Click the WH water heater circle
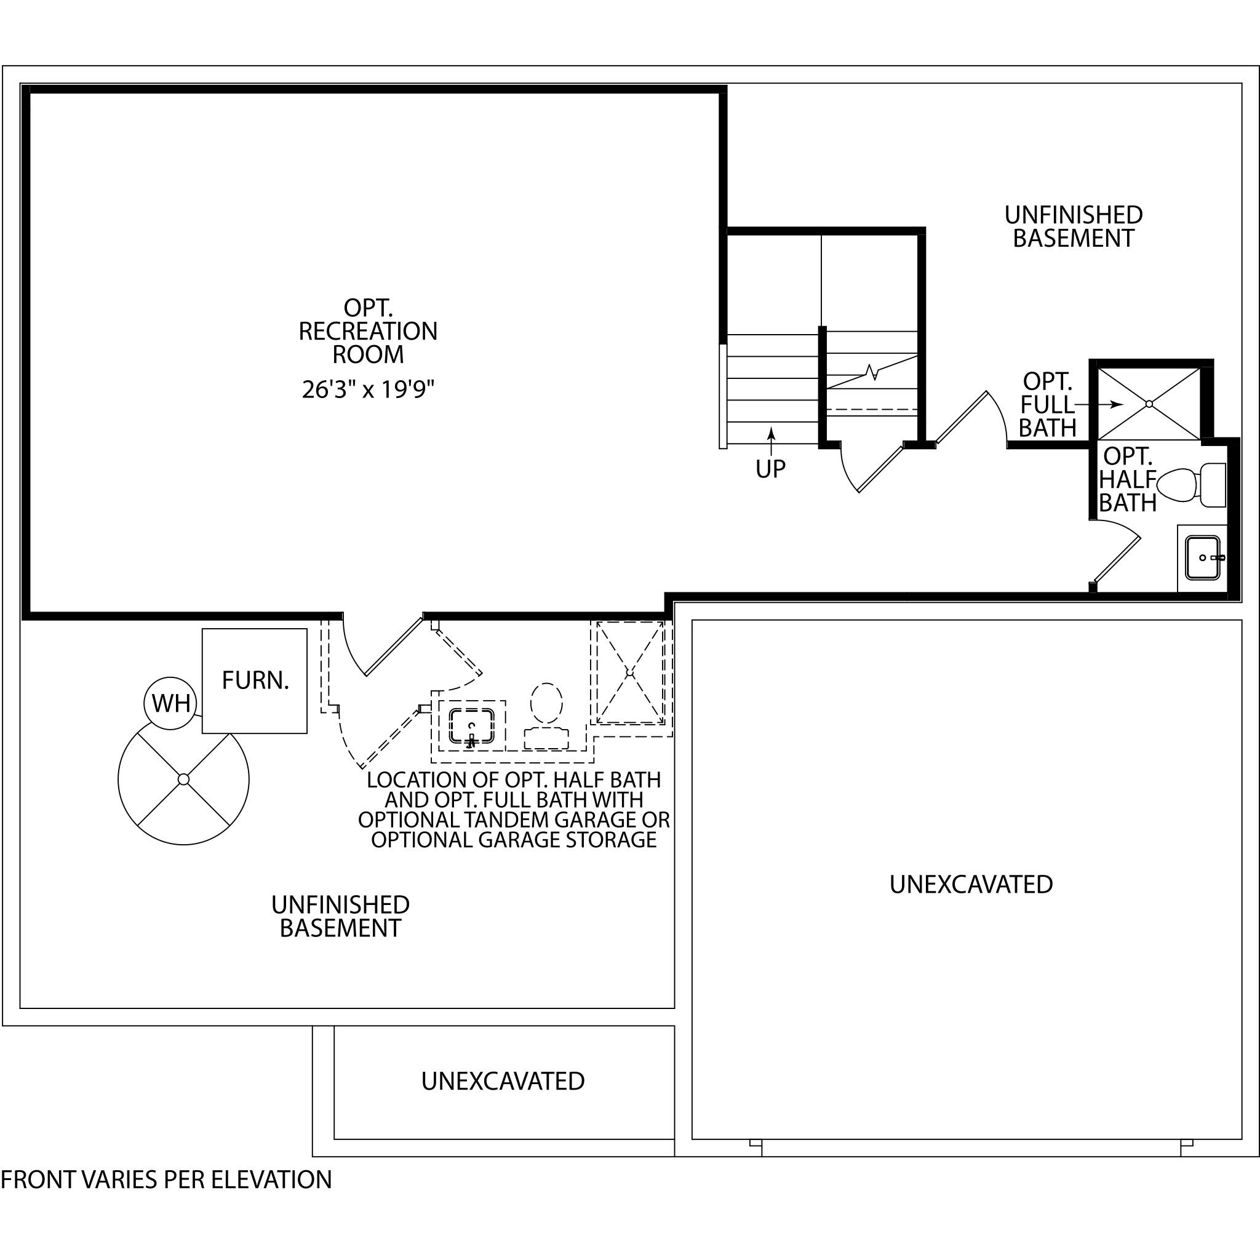pos(171,703)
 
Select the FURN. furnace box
pos(254,681)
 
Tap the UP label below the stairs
pos(771,468)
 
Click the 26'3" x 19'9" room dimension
pos(368,389)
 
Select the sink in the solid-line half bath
pos(1203,557)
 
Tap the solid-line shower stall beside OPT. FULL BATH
pos(1149,404)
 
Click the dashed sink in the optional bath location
pos(471,727)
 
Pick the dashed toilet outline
pos(546,716)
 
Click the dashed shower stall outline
pos(629,672)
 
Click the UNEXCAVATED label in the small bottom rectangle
pos(503,1082)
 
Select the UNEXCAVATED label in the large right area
pos(971,884)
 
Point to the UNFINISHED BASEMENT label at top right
pos(1074,226)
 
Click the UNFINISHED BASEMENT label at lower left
pos(340,916)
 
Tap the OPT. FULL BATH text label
pos(1047,404)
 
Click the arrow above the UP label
pos(771,442)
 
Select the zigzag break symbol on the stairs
pos(872,372)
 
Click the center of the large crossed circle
pos(183,780)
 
